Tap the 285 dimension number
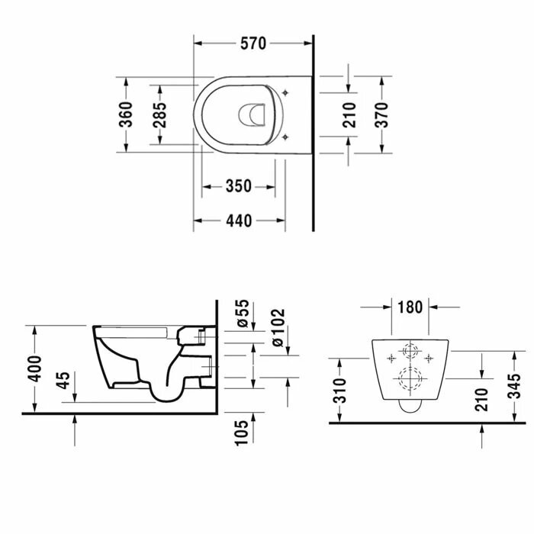[x=161, y=114]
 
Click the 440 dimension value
[x=238, y=220]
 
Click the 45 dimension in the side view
[x=64, y=379]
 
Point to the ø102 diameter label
[x=277, y=327]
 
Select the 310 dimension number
[x=340, y=390]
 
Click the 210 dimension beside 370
[x=349, y=114]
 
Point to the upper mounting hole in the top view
[x=286, y=92]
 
